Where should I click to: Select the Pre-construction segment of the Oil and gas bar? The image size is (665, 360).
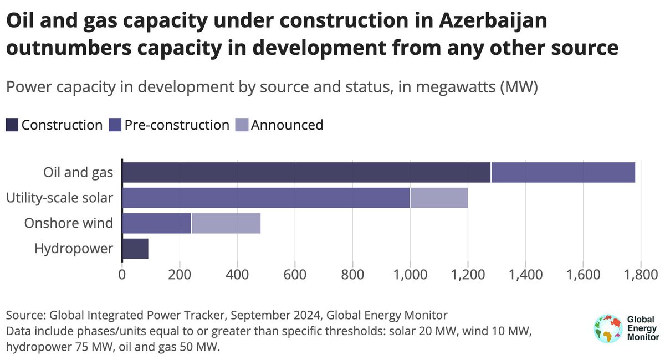coord(563,173)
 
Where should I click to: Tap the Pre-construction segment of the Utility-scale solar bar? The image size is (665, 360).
coord(265,198)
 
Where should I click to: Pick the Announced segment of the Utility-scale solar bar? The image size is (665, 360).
coord(439,198)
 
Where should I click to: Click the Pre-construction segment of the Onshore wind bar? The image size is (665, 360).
coord(156,223)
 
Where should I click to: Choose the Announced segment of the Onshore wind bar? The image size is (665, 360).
coord(226,223)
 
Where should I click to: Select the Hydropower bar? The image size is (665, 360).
coord(135,249)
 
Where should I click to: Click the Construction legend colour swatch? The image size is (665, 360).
coord(12,125)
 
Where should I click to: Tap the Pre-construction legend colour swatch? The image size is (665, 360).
coord(115,125)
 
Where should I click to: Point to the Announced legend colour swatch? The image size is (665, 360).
coord(242,125)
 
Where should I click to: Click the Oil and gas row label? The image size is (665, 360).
coord(78,173)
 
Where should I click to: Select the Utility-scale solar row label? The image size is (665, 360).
coord(60,198)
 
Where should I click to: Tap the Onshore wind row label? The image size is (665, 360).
coord(69,223)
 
